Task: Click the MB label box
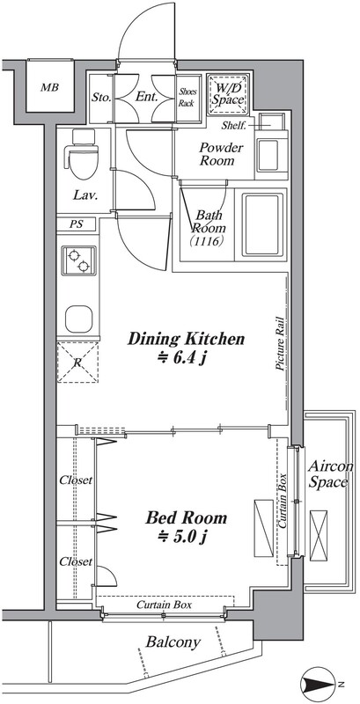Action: [x=49, y=86]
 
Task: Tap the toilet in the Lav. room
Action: [x=82, y=155]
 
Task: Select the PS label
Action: [x=76, y=224]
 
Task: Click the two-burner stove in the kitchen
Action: [x=78, y=260]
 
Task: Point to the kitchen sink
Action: [x=78, y=319]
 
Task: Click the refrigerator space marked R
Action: [x=77, y=362]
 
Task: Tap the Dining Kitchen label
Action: [x=186, y=339]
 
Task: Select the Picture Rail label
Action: [x=279, y=344]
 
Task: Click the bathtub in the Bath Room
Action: [x=264, y=224]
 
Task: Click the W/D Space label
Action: [x=228, y=94]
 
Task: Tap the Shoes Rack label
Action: [x=186, y=98]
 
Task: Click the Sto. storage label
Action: [x=101, y=98]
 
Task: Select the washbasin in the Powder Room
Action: [x=268, y=155]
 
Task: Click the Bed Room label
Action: [x=186, y=518]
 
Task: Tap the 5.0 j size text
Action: [x=183, y=537]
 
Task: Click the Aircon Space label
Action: [x=330, y=474]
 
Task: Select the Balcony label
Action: [x=173, y=642]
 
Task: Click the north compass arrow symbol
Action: [x=319, y=685]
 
